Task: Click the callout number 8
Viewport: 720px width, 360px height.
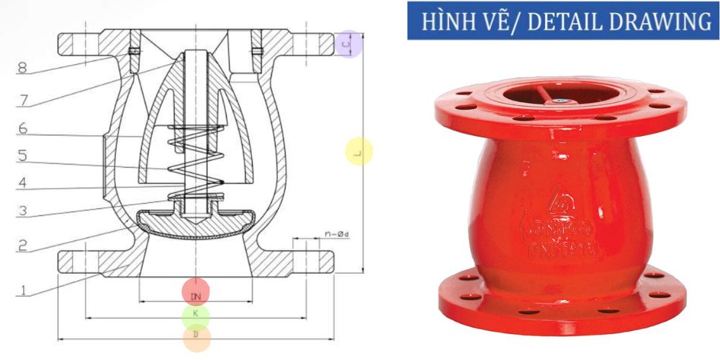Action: pyautogui.click(x=22, y=69)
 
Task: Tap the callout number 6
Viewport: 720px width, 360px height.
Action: pyautogui.click(x=22, y=129)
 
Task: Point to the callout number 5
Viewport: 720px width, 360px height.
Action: pyautogui.click(x=22, y=156)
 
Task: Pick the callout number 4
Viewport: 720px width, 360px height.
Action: pyautogui.click(x=22, y=184)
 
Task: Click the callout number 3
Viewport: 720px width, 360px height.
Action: pyautogui.click(x=22, y=211)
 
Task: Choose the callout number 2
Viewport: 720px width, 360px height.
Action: pyautogui.click(x=22, y=246)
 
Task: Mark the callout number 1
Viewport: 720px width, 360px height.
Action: pyautogui.click(x=22, y=291)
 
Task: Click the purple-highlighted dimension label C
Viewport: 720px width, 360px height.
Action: pyautogui.click(x=348, y=45)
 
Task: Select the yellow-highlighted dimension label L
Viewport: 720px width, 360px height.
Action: pyautogui.click(x=359, y=152)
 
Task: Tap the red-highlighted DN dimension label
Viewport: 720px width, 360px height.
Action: pyautogui.click(x=195, y=295)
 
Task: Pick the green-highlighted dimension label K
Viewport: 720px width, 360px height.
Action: pyautogui.click(x=195, y=315)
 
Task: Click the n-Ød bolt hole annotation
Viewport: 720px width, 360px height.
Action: pyautogui.click(x=336, y=235)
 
